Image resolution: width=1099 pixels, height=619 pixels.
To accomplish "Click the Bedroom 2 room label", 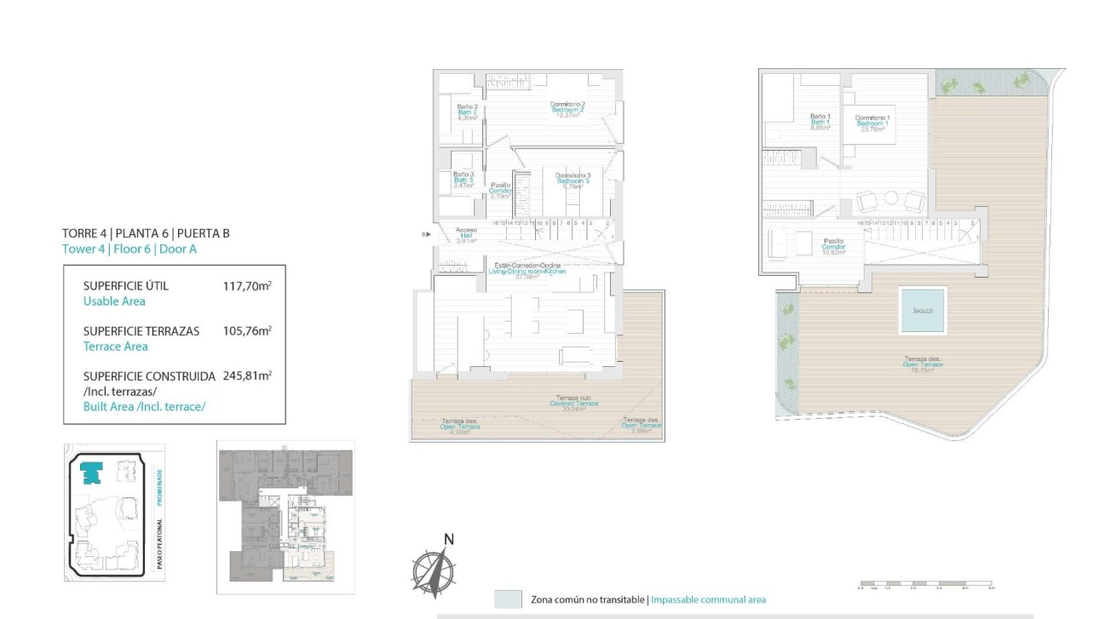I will coord(567,110).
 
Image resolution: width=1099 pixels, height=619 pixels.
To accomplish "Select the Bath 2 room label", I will coord(466,112).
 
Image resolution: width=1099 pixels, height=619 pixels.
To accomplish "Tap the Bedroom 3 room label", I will coord(567,181).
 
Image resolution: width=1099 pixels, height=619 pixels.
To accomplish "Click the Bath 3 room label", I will coord(463,180).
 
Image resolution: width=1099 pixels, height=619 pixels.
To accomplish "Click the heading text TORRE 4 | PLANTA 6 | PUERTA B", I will coord(146,233).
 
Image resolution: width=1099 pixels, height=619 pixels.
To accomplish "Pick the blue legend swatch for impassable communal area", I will coord(508,599).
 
